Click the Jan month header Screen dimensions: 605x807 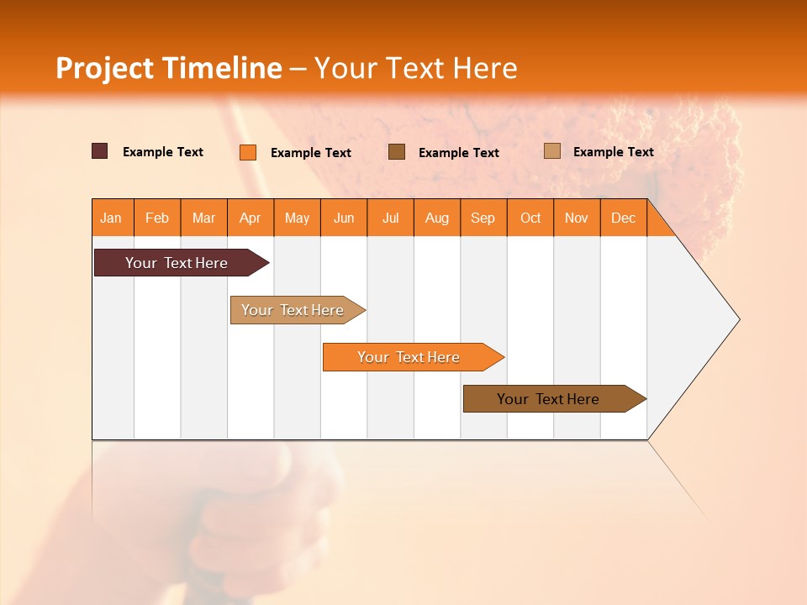coord(112,218)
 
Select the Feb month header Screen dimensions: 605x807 coord(157,218)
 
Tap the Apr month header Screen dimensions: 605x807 coord(251,218)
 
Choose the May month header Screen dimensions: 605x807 coord(297,218)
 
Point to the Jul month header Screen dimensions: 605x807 coord(390,218)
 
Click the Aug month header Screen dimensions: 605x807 coord(437,218)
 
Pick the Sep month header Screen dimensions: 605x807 coord(483,218)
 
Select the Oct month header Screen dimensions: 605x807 coord(530,218)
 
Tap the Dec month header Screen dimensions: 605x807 coord(624,218)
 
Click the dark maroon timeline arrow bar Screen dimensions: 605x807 coord(177,263)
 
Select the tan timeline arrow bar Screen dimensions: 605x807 coord(293,310)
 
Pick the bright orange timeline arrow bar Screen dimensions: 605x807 coord(409,357)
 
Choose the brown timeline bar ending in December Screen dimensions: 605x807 coord(549,399)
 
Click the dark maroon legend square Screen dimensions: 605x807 coord(99,151)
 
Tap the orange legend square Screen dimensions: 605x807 coord(247,152)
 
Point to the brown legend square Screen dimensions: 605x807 coord(397,151)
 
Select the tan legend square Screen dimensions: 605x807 coord(551,151)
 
